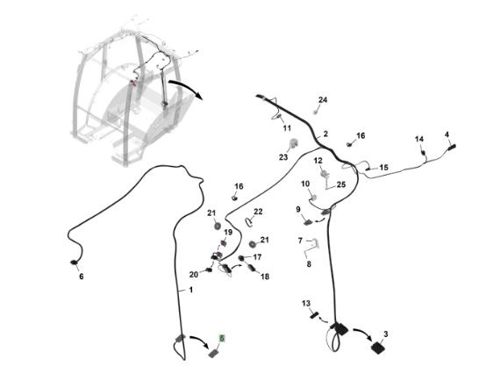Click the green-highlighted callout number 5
click(x=222, y=339)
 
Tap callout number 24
click(x=323, y=100)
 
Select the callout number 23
click(x=283, y=157)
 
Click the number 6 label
click(x=82, y=277)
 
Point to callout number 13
click(x=306, y=304)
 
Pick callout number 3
click(x=386, y=334)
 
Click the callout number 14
click(x=419, y=139)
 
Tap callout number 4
click(x=447, y=134)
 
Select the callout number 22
click(x=258, y=212)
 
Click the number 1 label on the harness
click(x=191, y=290)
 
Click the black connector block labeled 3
click(x=377, y=348)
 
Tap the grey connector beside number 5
click(x=213, y=353)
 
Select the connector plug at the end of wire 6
click(x=74, y=262)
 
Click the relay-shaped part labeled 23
click(x=294, y=143)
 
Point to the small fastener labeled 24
click(x=315, y=111)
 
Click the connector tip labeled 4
click(x=452, y=147)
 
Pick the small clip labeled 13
click(x=314, y=315)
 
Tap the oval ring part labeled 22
click(x=249, y=222)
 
